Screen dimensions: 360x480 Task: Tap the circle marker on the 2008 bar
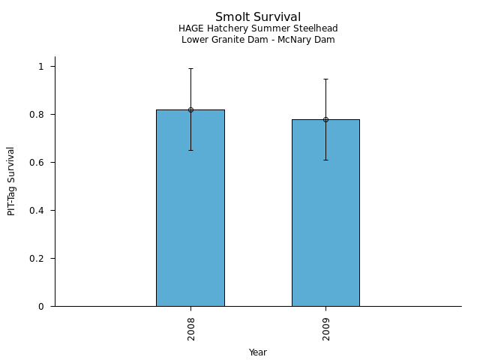(x=190, y=109)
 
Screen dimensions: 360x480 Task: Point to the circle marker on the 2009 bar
(x=325, y=119)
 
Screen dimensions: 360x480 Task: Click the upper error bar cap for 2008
(x=190, y=69)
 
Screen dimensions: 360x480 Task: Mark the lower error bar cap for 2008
(x=190, y=150)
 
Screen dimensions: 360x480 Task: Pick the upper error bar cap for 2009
(x=325, y=79)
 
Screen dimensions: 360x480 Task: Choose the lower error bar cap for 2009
(x=325, y=160)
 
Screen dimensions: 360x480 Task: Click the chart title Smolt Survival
(x=258, y=17)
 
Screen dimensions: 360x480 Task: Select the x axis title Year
(x=258, y=352)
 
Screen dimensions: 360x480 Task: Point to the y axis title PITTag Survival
(x=12, y=181)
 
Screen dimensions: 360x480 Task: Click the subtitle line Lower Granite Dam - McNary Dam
(x=258, y=40)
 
